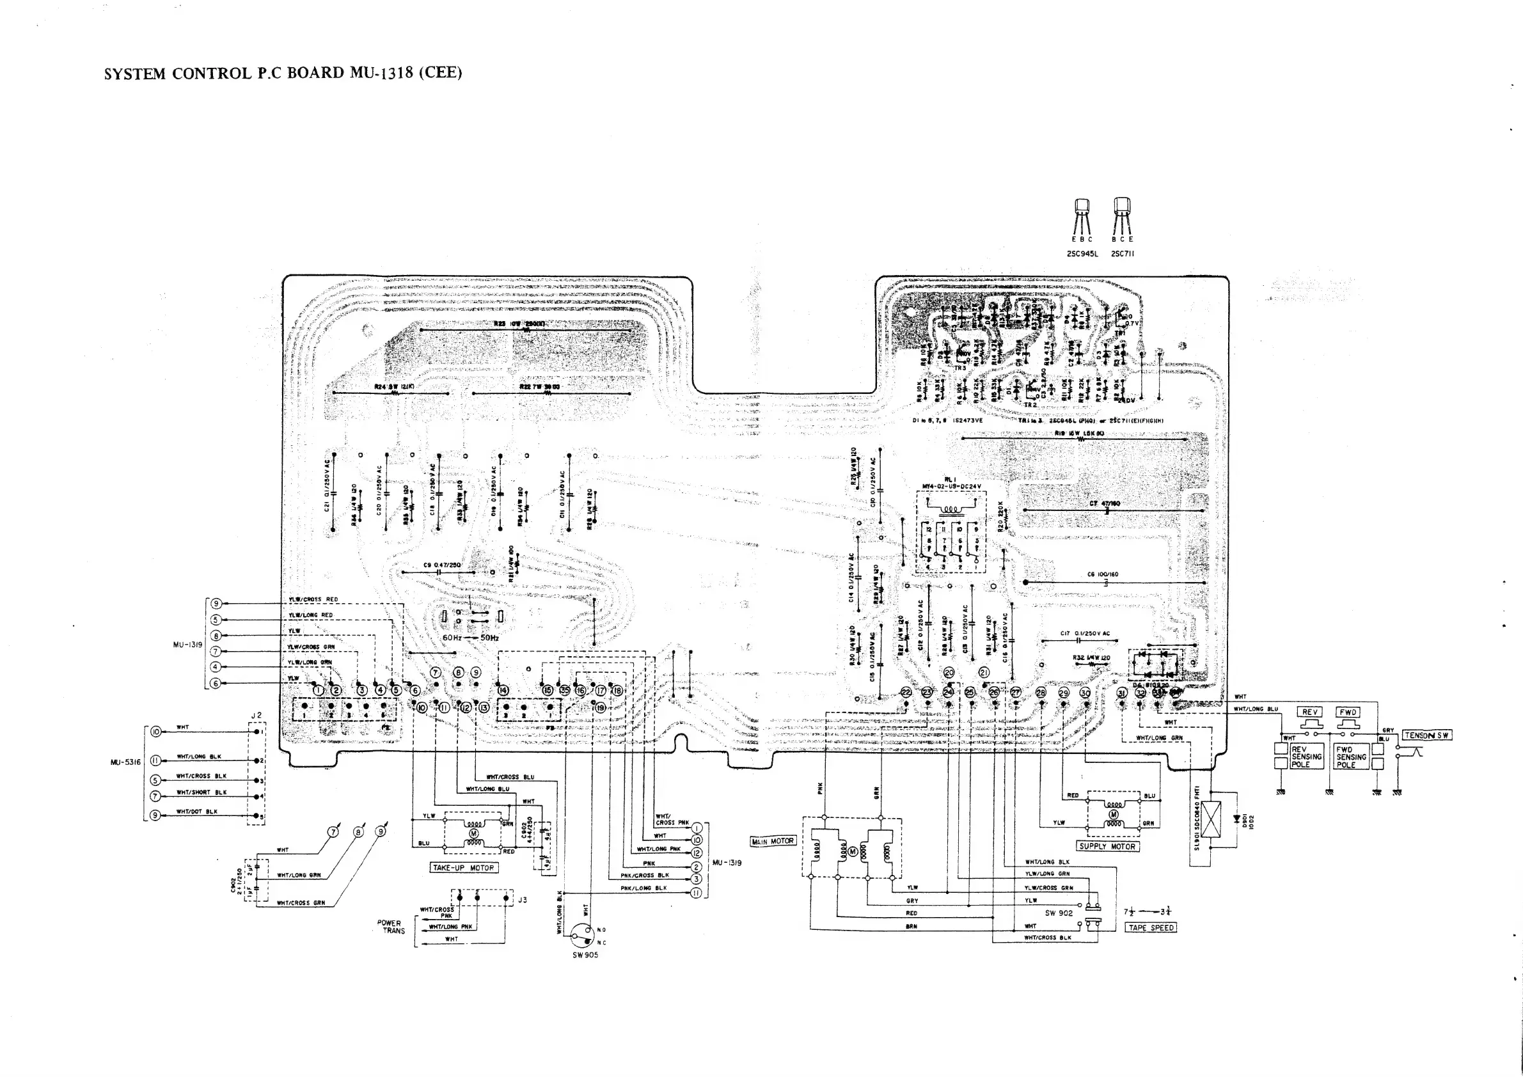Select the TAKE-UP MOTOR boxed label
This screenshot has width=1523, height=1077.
click(x=464, y=867)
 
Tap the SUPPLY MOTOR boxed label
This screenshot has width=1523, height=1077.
click(x=1107, y=846)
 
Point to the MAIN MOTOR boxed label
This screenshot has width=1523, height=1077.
click(x=772, y=841)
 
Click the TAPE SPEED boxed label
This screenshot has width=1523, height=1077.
click(x=1151, y=927)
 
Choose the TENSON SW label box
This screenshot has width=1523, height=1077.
click(x=1427, y=735)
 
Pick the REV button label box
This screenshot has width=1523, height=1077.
click(x=1309, y=712)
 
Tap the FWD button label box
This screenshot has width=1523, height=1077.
click(x=1348, y=712)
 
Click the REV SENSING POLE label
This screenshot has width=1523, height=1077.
click(x=1306, y=757)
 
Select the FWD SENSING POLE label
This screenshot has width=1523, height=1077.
click(x=1350, y=757)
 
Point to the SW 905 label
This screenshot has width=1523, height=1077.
click(x=585, y=955)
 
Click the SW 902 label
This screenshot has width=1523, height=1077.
click(x=1059, y=913)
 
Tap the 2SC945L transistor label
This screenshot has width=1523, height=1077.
click(x=1082, y=254)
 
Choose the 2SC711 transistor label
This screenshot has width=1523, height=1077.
click(x=1123, y=254)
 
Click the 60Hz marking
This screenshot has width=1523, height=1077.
click(x=452, y=638)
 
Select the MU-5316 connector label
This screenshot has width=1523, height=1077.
click(x=125, y=762)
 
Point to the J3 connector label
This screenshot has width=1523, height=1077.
click(x=523, y=900)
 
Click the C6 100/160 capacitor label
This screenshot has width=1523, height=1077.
click(x=1103, y=574)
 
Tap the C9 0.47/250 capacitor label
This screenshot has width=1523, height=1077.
click(x=442, y=565)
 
